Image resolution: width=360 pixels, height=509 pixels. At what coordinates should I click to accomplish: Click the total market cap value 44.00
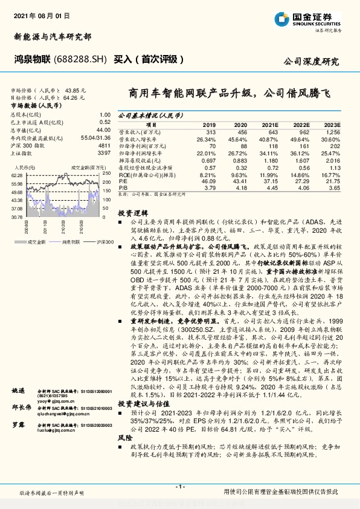pyautogui.click(x=103, y=129)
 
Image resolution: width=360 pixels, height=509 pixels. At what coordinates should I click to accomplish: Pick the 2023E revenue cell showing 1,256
pyautogui.click(x=332, y=132)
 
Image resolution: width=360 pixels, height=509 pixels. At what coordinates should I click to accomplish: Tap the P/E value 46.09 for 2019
pyautogui.click(x=208, y=180)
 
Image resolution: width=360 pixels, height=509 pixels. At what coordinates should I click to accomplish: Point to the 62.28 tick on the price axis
pyautogui.click(x=16, y=175)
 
